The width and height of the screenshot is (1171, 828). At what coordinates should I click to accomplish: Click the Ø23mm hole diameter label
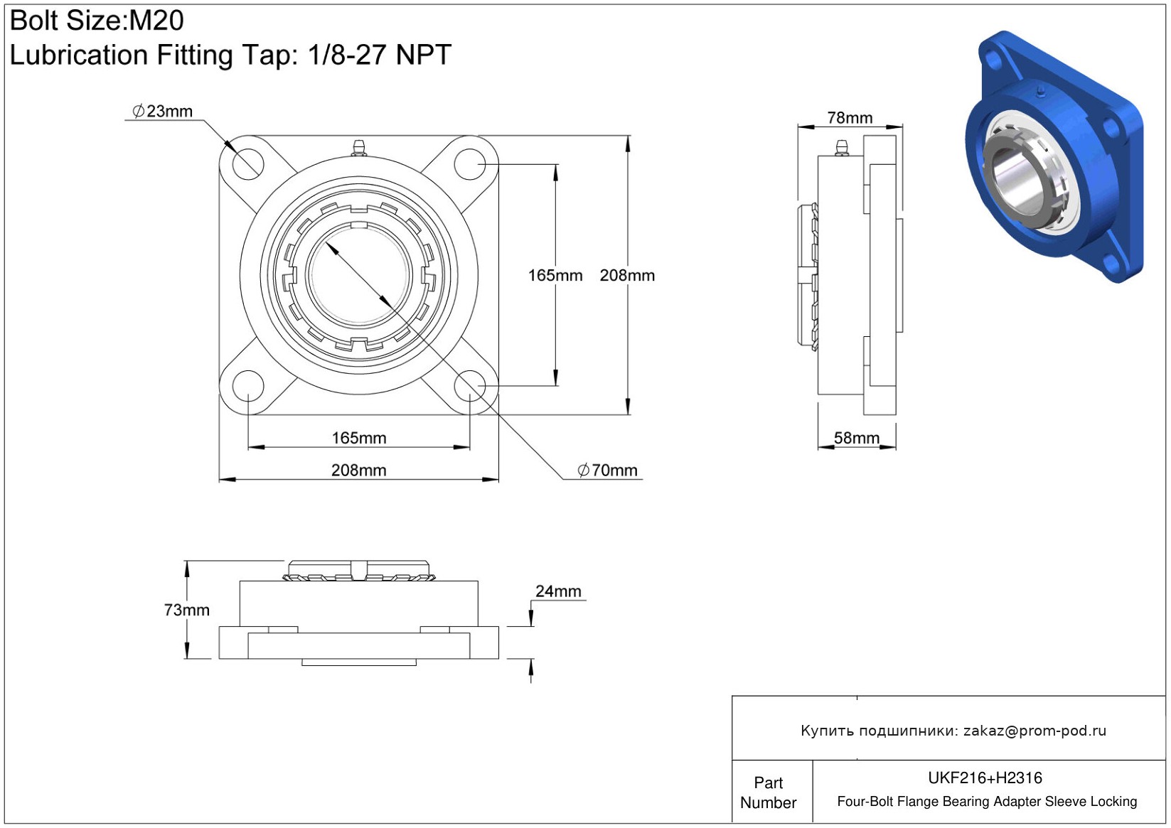point(162,112)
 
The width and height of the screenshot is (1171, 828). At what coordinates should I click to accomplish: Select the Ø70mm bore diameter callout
point(607,471)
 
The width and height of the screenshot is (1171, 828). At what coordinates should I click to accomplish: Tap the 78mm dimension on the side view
point(850,118)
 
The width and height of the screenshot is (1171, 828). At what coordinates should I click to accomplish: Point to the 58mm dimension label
point(856,438)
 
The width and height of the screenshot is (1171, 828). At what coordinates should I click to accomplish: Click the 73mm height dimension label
point(186,610)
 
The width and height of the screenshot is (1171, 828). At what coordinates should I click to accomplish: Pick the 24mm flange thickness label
point(558,591)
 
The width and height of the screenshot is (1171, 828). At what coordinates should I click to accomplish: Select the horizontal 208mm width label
point(358,471)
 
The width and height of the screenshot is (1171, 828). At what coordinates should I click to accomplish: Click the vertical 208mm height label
point(627,276)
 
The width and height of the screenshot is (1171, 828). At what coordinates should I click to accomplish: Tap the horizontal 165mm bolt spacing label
point(359,438)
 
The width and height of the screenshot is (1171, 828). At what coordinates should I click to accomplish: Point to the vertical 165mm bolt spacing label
point(555,276)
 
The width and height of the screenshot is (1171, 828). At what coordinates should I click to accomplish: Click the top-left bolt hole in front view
point(248,164)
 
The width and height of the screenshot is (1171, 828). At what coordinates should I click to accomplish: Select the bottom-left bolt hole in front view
point(248,387)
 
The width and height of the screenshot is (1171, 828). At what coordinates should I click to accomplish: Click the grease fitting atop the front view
point(358,147)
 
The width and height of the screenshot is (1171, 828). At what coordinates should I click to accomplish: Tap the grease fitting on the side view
point(841,147)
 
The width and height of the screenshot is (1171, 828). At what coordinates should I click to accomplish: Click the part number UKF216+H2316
point(985,778)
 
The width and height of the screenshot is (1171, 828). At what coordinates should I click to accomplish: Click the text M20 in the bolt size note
point(156,21)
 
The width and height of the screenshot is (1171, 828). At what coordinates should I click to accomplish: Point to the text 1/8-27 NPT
point(380,54)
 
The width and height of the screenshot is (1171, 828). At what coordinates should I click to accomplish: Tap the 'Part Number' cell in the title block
point(768,792)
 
